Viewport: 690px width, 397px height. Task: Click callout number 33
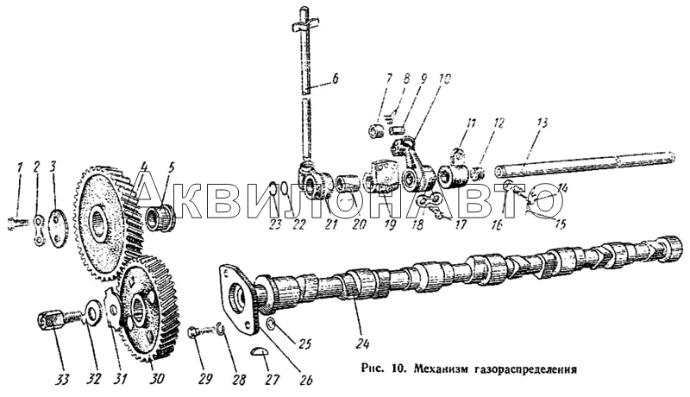[61, 380]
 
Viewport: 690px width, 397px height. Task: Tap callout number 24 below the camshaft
[363, 343]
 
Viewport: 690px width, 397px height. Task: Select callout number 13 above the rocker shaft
[543, 123]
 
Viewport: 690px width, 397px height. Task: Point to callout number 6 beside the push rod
[335, 79]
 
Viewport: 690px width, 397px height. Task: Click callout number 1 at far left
[19, 167]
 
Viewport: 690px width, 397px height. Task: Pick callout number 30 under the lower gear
[157, 379]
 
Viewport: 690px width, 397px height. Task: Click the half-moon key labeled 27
[258, 350]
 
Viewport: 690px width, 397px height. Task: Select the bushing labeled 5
[160, 218]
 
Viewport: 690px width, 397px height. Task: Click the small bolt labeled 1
[17, 224]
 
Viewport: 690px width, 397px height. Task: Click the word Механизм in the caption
[435, 369]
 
